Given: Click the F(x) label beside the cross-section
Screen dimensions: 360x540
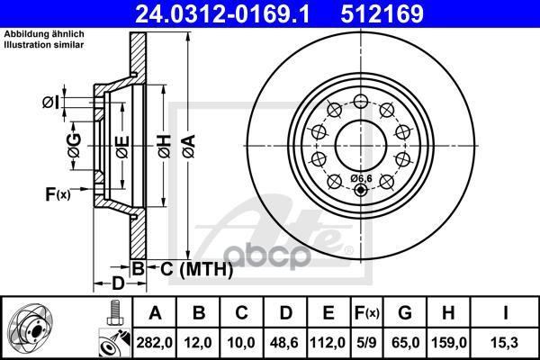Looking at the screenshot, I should [56, 193].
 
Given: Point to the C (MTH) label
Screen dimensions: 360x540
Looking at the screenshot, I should [190, 268].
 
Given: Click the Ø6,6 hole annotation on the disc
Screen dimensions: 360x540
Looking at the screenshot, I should [362, 178].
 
